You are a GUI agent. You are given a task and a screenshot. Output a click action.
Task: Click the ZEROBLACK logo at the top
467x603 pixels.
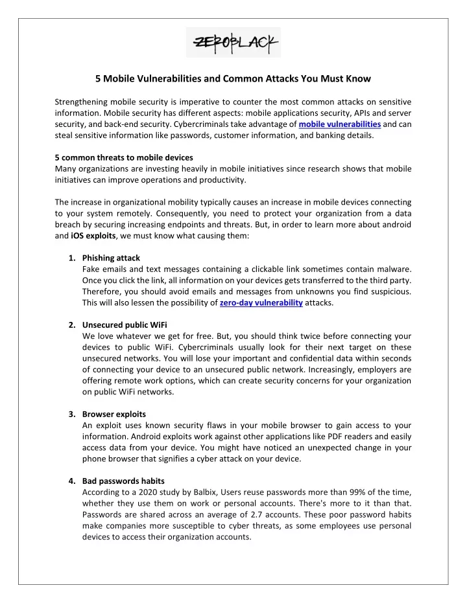[x=233, y=43]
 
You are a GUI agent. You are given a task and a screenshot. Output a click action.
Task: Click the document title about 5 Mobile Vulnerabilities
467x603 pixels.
[x=233, y=79]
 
